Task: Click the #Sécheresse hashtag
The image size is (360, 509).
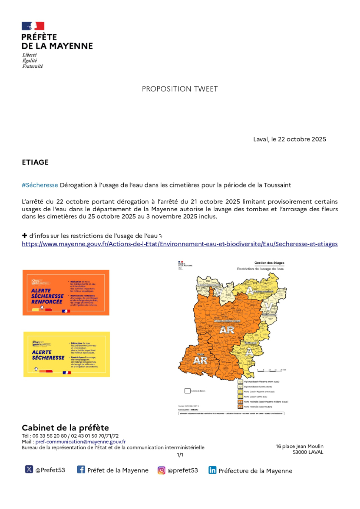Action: [x=40, y=185]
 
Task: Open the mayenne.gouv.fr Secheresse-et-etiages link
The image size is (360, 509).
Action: [x=180, y=244]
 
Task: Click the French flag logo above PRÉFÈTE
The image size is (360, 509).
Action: [x=33, y=26]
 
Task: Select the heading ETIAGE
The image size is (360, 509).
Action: [x=35, y=162]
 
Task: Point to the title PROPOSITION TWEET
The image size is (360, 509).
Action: [x=180, y=89]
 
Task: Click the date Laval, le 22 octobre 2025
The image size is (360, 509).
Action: [x=289, y=139]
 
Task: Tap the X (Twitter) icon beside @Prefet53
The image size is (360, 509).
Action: [x=29, y=469]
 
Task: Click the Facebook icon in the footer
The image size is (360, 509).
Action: [x=81, y=469]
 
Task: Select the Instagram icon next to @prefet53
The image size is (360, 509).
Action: [x=161, y=470]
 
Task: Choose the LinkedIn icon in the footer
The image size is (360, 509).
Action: [x=212, y=470]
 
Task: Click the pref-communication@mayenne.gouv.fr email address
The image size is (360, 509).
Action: [x=81, y=442]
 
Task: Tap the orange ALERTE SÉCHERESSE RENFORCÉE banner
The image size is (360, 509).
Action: [x=66, y=292]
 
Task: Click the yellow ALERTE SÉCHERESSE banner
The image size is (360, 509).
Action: [x=66, y=354]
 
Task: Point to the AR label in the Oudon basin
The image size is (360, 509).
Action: [x=200, y=360]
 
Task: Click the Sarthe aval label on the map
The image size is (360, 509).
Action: [x=251, y=343]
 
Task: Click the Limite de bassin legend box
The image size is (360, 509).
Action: [x=188, y=391]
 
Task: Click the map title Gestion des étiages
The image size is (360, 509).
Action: [x=269, y=263]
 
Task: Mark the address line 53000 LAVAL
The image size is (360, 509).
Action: [x=308, y=452]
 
